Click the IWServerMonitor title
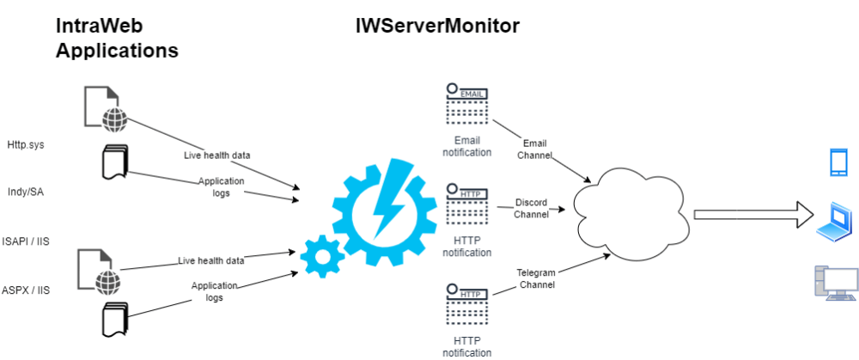tap(437, 26)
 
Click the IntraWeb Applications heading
tap(117, 39)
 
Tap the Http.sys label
tap(25, 144)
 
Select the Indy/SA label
tap(25, 192)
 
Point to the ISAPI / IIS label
tap(26, 241)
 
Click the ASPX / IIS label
tap(26, 290)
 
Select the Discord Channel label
tap(531, 208)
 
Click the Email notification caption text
tap(466, 146)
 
